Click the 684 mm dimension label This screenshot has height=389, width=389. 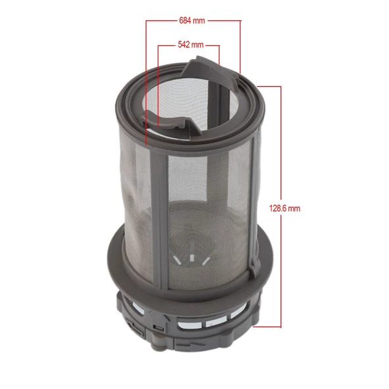pos(192,20)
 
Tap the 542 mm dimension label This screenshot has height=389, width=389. pos(191,45)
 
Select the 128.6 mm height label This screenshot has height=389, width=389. pos(285,208)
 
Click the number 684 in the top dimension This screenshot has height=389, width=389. pos(185,20)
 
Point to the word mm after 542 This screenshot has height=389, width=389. pos(198,45)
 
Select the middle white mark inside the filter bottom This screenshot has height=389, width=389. pos(191,258)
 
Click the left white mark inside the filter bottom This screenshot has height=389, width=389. pos(178,260)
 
